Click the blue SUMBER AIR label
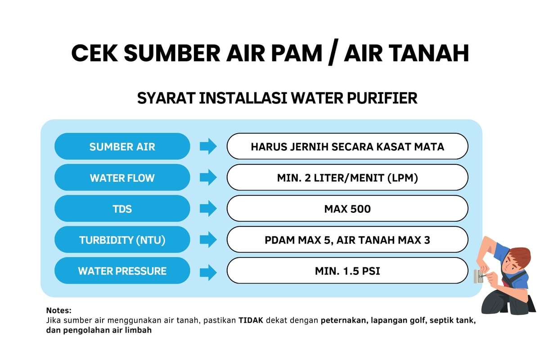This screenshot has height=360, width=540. [122, 146]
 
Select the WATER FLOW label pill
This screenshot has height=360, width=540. [122, 177]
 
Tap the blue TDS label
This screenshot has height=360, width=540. [122, 208]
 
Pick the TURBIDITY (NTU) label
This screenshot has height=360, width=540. [122, 240]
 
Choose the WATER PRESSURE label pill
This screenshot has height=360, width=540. [122, 270]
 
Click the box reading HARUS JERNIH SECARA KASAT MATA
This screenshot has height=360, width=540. [347, 146]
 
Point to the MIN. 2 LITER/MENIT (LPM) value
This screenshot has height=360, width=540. [347, 177]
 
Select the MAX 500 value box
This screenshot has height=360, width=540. [347, 208]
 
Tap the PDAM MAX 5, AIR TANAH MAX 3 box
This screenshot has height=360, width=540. [347, 240]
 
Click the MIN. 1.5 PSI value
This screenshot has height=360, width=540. [347, 270]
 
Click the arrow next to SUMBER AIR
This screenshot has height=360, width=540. [208, 146]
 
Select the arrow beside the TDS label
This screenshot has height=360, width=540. [208, 208]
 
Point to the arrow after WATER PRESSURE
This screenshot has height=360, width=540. [208, 273]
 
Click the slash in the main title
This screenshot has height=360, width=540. [333, 52]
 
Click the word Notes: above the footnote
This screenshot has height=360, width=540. [59, 310]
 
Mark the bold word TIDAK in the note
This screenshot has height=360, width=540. [251, 320]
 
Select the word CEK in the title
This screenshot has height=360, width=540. [94, 53]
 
